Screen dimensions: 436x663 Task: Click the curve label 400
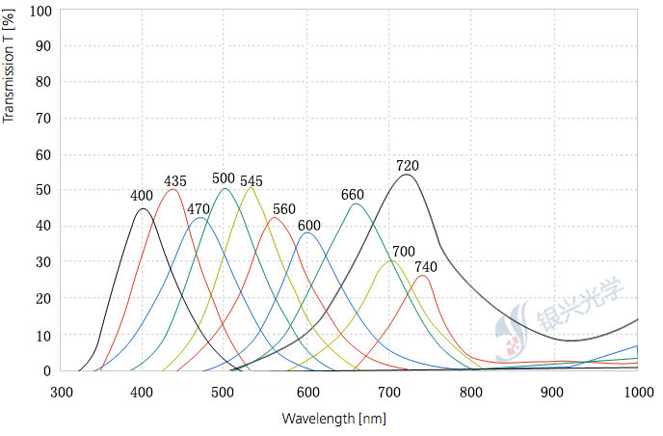point(142,196)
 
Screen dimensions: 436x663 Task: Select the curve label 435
point(175,180)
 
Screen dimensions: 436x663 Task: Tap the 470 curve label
point(199,208)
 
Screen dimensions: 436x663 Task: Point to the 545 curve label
point(251,180)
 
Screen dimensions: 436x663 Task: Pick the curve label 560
point(284,208)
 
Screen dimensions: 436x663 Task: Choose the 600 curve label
point(308,226)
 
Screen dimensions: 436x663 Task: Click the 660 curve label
point(353,195)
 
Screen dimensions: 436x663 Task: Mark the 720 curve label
point(408,166)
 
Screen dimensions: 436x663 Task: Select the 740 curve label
point(426,266)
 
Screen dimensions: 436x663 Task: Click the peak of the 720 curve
point(407,175)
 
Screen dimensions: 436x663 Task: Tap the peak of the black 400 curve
point(143,208)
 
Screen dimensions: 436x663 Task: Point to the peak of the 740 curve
point(422,276)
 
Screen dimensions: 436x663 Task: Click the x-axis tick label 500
point(225,392)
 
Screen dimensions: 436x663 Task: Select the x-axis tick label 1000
point(638,392)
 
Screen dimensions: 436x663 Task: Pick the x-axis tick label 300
point(61,392)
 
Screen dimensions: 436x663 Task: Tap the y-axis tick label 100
point(40,10)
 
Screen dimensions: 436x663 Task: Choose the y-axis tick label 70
point(43,118)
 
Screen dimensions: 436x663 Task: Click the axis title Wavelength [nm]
point(333,419)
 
